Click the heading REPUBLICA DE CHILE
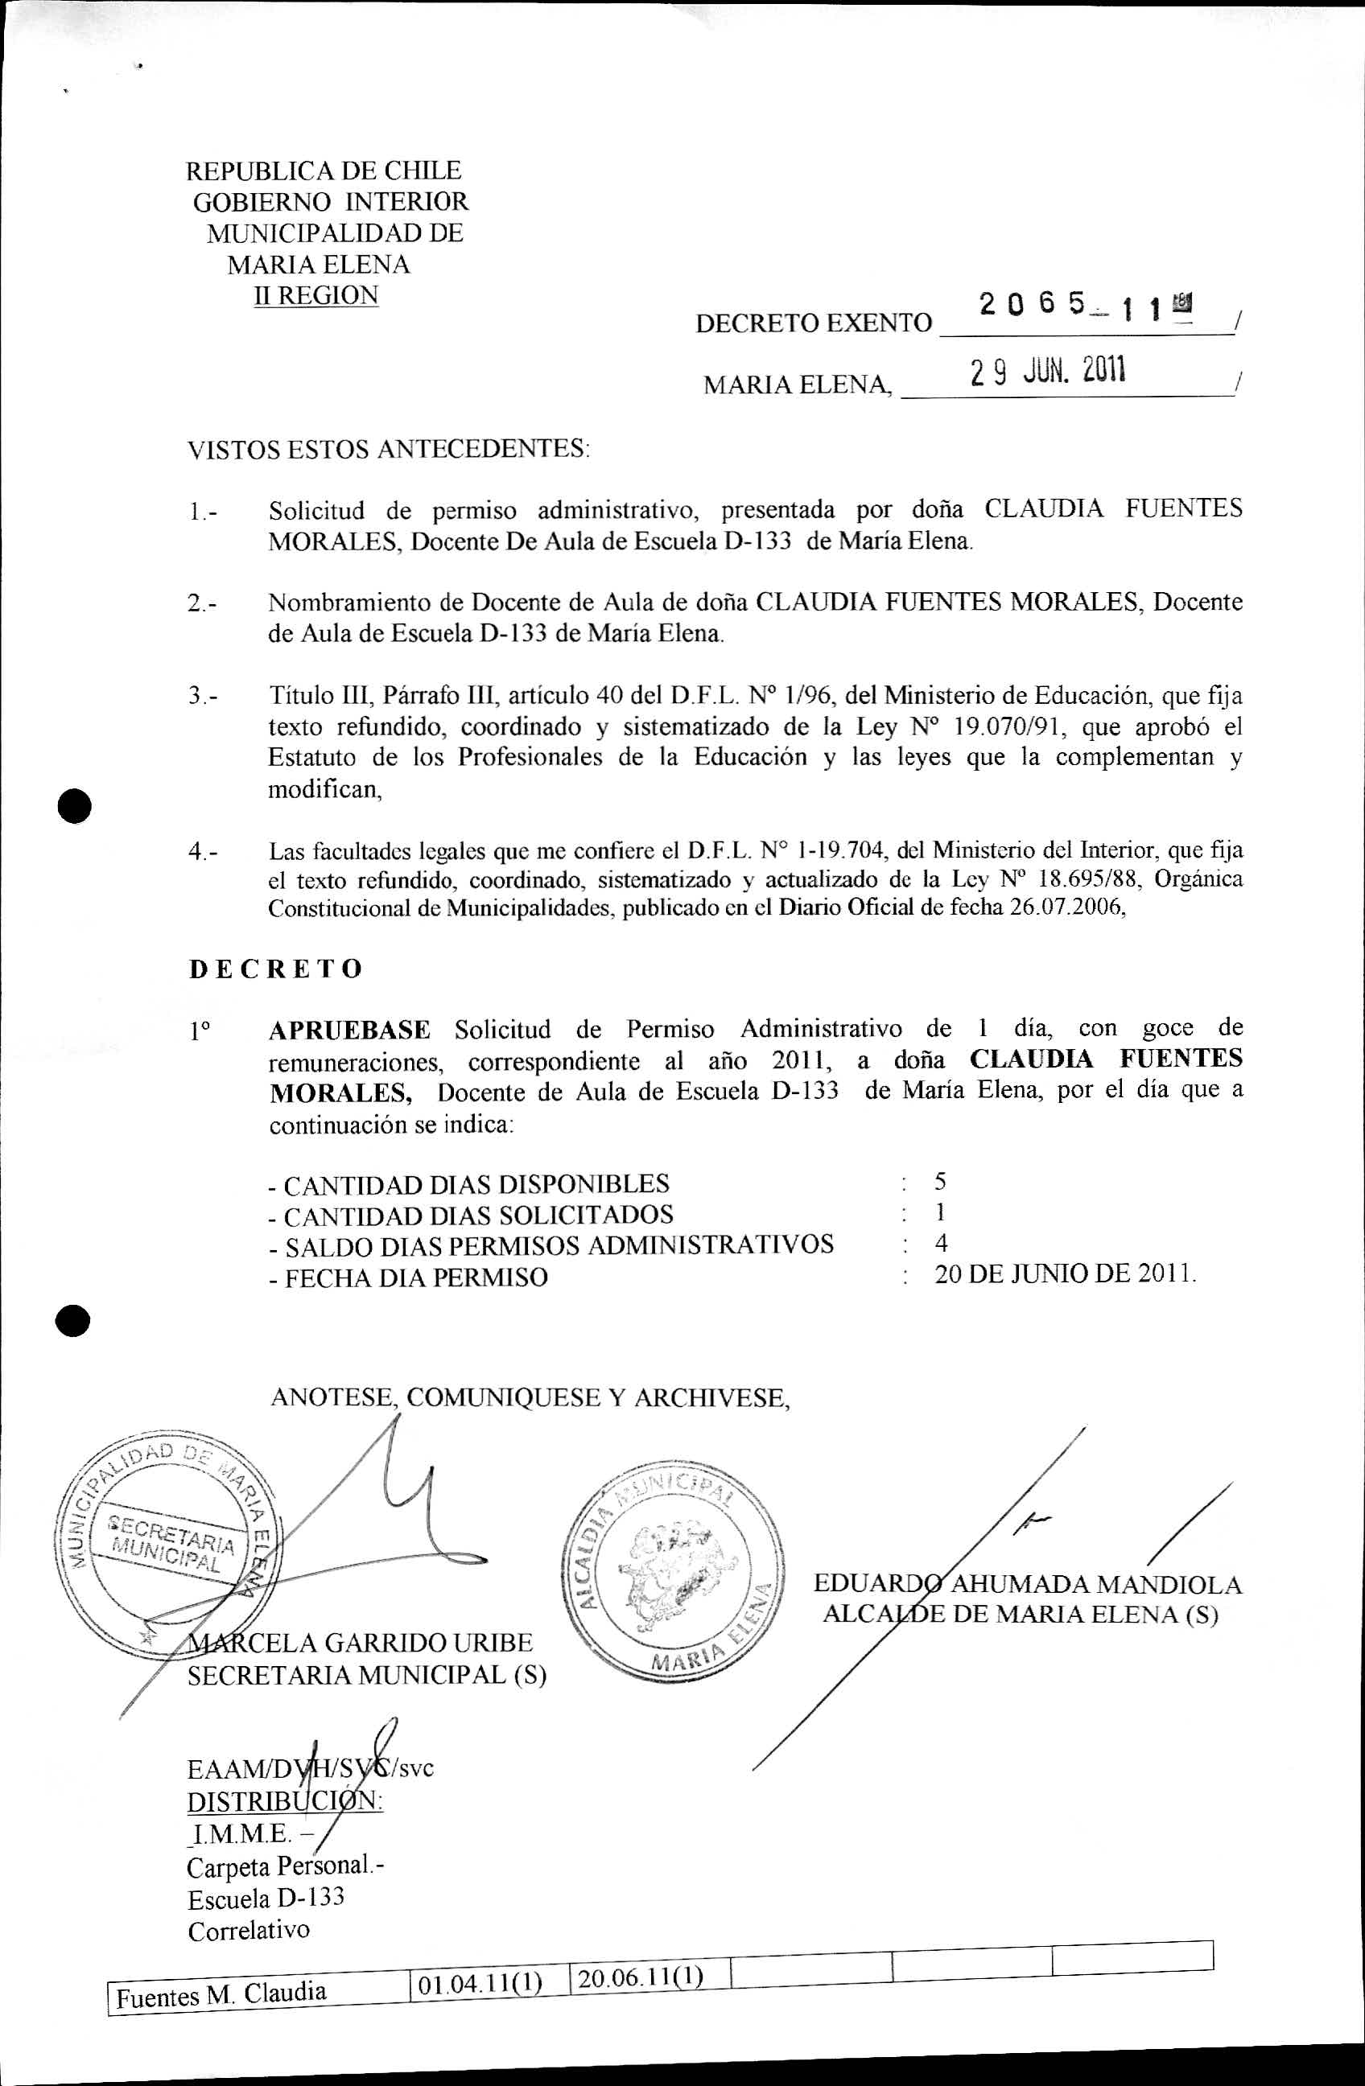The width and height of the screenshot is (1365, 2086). (x=324, y=170)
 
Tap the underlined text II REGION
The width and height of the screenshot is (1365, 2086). (x=315, y=295)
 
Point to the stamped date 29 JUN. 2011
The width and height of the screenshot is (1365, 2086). (x=1047, y=372)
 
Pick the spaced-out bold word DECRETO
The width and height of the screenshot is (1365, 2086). (x=275, y=969)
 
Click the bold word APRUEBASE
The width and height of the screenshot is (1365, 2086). (x=349, y=1029)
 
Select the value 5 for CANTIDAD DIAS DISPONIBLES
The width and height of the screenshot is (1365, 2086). (x=940, y=1182)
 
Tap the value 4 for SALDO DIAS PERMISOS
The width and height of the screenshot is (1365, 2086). (x=941, y=1243)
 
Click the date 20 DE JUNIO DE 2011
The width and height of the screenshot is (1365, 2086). (x=1064, y=1273)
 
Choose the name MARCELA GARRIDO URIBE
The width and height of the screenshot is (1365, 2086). (x=361, y=1643)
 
